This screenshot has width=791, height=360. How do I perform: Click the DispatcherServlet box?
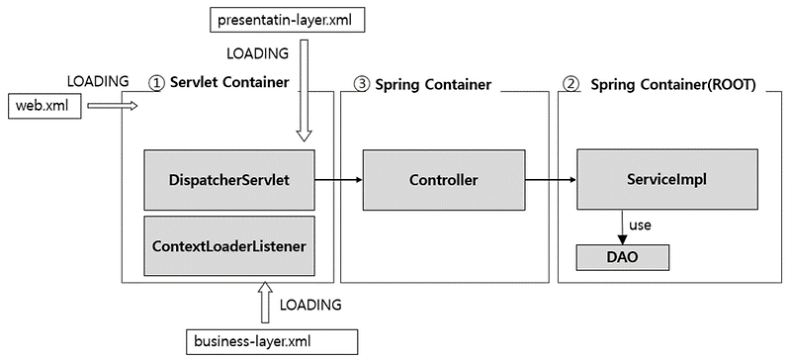pyautogui.click(x=229, y=179)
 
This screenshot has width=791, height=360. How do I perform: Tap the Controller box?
pyautogui.click(x=443, y=179)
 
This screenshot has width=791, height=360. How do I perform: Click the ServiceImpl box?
pyautogui.click(x=658, y=179)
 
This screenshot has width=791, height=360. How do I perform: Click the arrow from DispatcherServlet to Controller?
pyautogui.click(x=338, y=180)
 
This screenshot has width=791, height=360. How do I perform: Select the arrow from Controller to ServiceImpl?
pyautogui.click(x=550, y=180)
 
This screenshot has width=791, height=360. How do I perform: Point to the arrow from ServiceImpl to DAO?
pyautogui.click(x=622, y=226)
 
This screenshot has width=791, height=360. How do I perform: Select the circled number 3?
pyautogui.click(x=361, y=84)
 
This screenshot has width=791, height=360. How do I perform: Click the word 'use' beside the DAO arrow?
pyautogui.click(x=640, y=225)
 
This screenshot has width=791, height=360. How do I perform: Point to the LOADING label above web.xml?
pyautogui.click(x=98, y=80)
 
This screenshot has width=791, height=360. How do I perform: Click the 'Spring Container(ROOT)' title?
pyautogui.click(x=672, y=84)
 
